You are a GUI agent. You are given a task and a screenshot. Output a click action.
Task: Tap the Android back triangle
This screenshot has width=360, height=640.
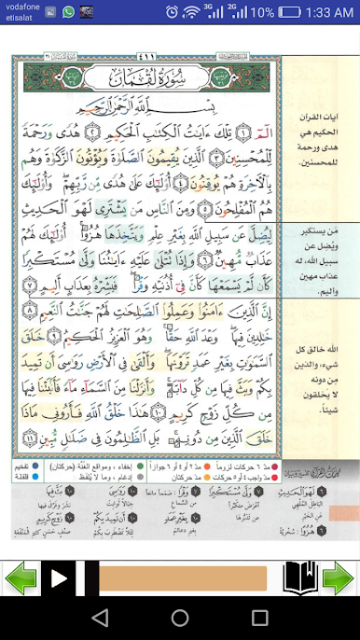100,618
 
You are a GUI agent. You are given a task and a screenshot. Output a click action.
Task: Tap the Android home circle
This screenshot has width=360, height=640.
180,618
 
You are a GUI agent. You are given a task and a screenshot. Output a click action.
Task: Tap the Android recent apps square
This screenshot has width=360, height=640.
260,618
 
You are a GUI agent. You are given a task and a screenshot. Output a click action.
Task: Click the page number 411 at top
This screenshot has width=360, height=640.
147,54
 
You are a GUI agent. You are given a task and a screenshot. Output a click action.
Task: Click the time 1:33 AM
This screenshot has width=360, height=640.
329,12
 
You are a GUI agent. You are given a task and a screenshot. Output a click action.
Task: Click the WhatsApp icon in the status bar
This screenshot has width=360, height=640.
68,12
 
